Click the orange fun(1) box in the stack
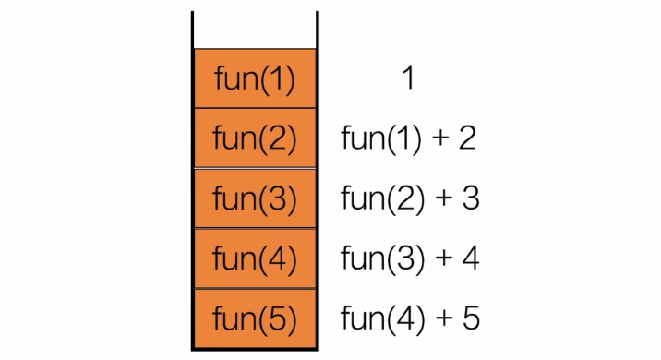254,79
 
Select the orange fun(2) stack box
254,138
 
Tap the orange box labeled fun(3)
254,198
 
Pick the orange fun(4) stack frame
254,258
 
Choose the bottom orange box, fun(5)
254,318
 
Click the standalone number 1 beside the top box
407,79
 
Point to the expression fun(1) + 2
408,138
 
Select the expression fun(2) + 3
410,198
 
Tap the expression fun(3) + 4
410,258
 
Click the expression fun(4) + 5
410,318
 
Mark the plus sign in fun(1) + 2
439,139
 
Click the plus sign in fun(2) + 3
440,199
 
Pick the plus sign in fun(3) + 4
440,259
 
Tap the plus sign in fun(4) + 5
440,319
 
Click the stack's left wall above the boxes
193,30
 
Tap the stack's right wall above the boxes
317,30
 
